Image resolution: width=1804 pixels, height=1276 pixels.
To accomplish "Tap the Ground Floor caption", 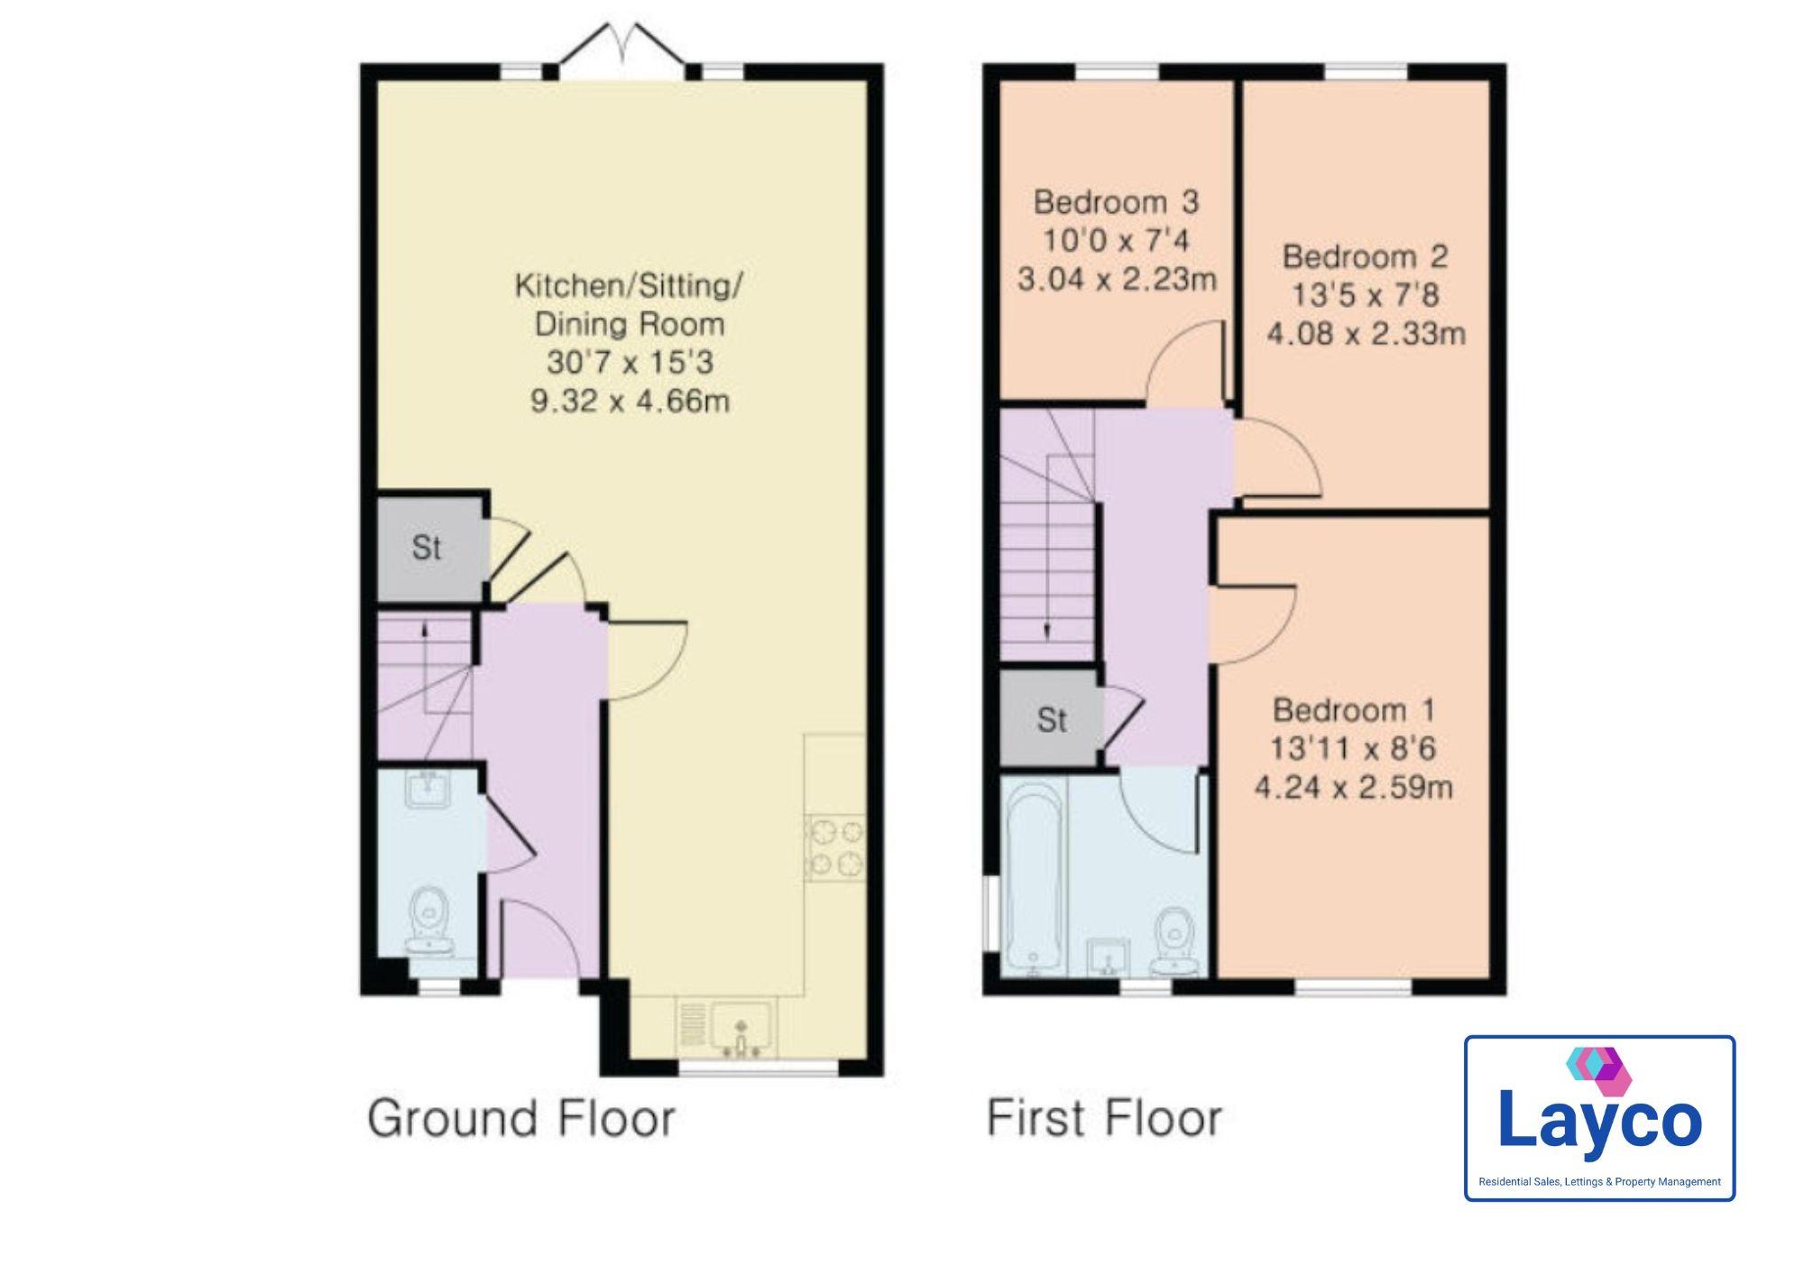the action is click(521, 1119).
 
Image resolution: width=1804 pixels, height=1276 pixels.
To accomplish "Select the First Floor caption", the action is click(1104, 1118).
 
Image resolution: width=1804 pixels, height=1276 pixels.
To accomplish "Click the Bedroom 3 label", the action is click(1116, 202).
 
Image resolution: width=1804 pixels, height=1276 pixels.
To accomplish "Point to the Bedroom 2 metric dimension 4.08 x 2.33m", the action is click(1366, 334).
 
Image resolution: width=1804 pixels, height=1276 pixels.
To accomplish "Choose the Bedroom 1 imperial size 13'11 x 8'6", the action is click(1353, 748).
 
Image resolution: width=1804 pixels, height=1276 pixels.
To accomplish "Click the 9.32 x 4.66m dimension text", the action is click(630, 401).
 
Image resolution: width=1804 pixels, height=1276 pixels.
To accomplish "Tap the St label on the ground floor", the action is click(427, 548).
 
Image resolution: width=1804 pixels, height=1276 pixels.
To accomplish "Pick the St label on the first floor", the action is click(1052, 720).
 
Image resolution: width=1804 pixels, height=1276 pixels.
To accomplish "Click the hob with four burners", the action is click(835, 847).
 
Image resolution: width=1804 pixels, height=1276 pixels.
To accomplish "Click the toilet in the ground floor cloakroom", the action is click(429, 921).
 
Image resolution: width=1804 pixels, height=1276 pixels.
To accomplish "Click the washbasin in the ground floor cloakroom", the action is click(428, 788).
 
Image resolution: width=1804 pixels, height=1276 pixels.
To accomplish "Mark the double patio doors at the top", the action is click(621, 45).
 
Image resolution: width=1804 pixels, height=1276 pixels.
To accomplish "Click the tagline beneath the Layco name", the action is click(1599, 1182).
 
